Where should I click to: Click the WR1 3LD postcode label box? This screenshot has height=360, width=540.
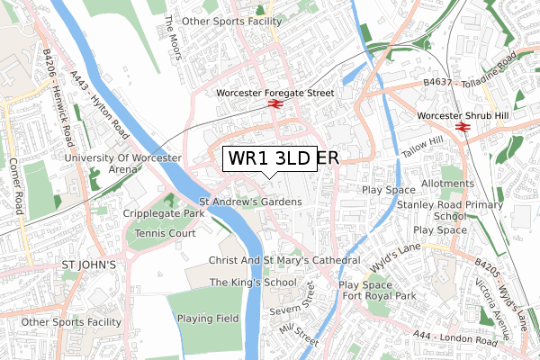(268, 157)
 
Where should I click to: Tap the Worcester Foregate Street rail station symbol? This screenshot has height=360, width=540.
(275, 105)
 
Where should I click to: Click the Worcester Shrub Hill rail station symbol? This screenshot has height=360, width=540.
(463, 128)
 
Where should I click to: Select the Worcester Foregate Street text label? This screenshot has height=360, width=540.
(275, 93)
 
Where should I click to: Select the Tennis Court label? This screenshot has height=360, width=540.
(164, 233)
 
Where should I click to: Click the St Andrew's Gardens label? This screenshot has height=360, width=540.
(250, 202)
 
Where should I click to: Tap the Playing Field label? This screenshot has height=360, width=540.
(208, 318)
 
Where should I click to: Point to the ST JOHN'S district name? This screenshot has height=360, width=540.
(88, 265)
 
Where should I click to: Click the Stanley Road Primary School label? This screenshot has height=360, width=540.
(449, 211)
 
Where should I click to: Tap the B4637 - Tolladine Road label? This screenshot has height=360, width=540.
(481, 72)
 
